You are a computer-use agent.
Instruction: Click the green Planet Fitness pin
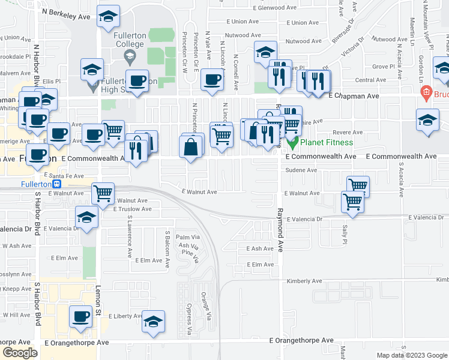[x=292, y=143]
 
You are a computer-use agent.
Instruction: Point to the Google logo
[x=20, y=353]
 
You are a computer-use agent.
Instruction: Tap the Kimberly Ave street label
[x=304, y=281]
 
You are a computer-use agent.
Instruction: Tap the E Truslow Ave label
[x=131, y=209]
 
